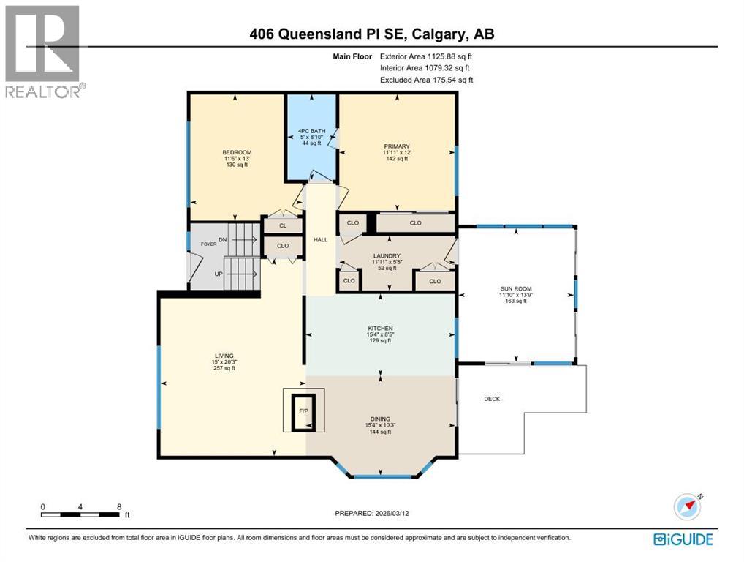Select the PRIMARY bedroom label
tap(397, 146)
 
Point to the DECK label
tap(492, 399)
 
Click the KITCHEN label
tap(380, 329)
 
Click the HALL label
tap(320, 239)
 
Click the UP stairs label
tap(219, 274)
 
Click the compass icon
tap(688, 506)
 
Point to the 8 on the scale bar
tap(118, 506)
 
